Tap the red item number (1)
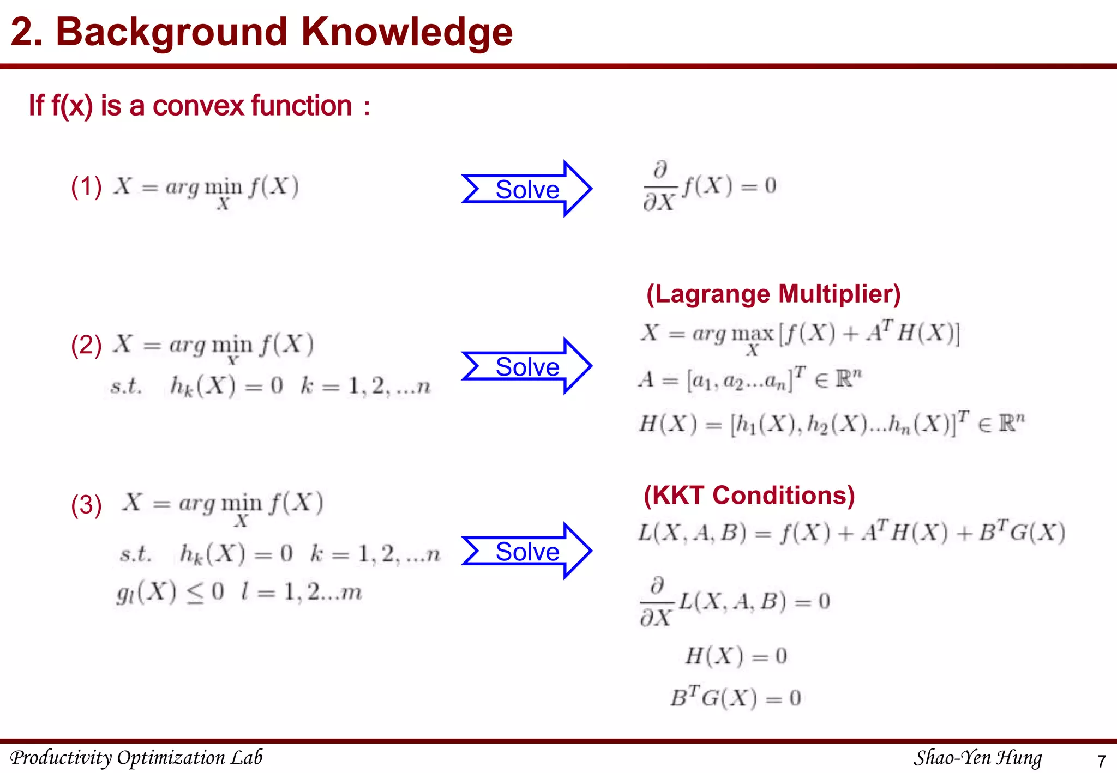pyautogui.click(x=86, y=187)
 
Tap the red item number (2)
pyautogui.click(x=86, y=346)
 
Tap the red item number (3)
pyautogui.click(x=86, y=505)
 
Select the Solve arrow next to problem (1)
pyautogui.click(x=527, y=189)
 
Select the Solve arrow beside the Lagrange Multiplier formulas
pyautogui.click(x=527, y=366)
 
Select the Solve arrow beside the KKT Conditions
pyautogui.click(x=527, y=551)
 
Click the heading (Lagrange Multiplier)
pyautogui.click(x=773, y=294)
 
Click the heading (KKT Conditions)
pyautogui.click(x=749, y=496)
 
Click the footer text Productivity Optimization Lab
pyautogui.click(x=136, y=757)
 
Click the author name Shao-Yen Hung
pyautogui.click(x=977, y=757)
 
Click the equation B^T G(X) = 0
pyautogui.click(x=735, y=698)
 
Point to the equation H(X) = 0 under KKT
pyautogui.click(x=735, y=656)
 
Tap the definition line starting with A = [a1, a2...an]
pyautogui.click(x=750, y=379)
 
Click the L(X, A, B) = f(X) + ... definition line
pyautogui.click(x=851, y=533)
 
